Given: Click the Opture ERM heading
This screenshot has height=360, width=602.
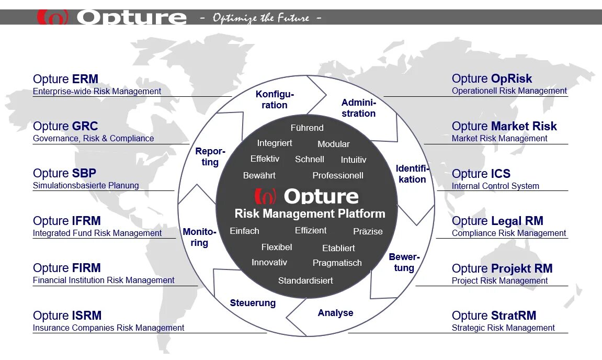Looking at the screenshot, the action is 65,79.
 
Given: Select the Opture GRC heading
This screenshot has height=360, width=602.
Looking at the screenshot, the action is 65,126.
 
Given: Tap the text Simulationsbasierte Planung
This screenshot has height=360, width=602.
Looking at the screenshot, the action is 86,185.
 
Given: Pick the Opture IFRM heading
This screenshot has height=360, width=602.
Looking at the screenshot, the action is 67,221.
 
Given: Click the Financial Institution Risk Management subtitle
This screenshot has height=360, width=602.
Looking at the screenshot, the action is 104,280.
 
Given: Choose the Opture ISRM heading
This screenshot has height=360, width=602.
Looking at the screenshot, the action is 67,316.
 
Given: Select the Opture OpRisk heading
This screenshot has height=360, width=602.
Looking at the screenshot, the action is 492,78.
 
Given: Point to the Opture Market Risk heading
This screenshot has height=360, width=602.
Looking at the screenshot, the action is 504,126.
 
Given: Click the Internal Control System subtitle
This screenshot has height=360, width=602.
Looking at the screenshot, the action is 495,186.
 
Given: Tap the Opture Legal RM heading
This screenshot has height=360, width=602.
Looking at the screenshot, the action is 497,221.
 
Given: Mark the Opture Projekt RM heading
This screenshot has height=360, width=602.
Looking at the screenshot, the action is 502,268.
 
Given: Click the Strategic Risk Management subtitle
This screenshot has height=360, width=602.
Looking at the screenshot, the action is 503,328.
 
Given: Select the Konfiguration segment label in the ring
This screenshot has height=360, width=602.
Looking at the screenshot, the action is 275,99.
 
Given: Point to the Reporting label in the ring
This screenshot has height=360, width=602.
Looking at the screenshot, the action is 210,156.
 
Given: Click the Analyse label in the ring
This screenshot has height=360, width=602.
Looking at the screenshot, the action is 335,313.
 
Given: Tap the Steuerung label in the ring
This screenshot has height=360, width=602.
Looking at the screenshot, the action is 253,303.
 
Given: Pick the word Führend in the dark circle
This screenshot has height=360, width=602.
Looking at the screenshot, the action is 307,128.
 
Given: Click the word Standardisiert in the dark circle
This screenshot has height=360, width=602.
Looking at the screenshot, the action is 305,280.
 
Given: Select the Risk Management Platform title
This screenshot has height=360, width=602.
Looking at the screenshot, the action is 310,213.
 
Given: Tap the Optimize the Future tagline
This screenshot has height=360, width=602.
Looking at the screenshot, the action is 260,18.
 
